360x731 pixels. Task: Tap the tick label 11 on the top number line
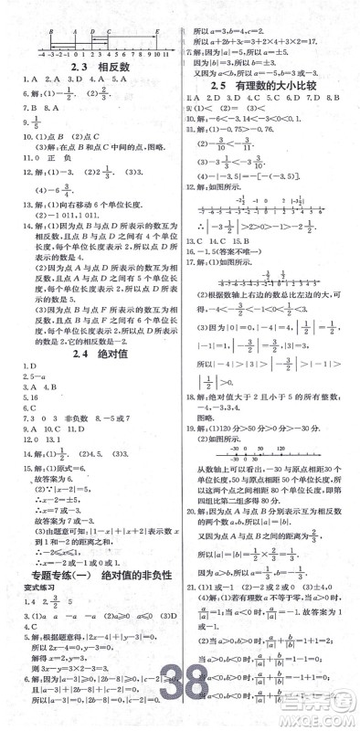168,55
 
